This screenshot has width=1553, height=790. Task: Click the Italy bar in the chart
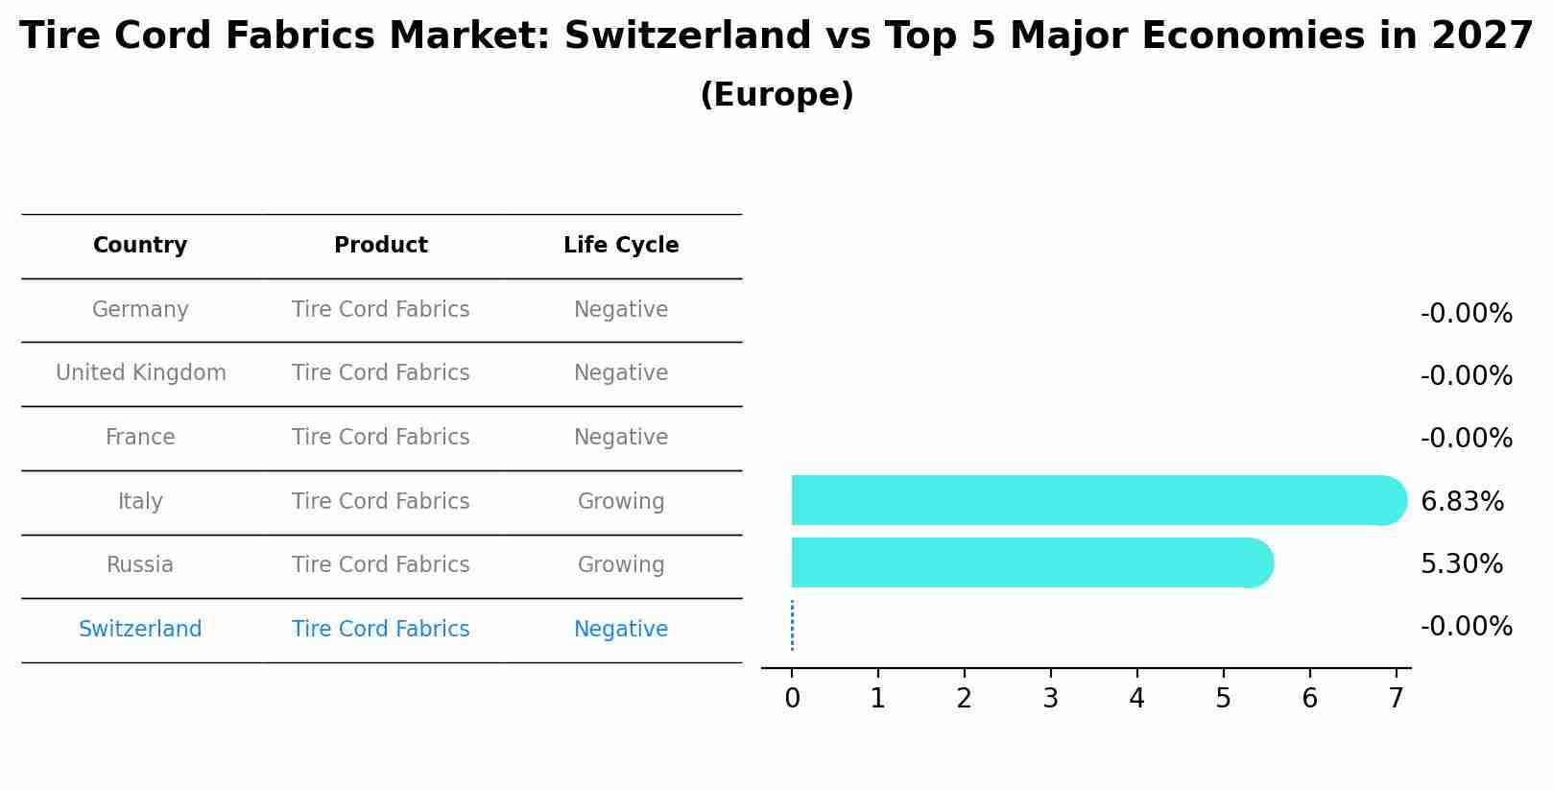[x=1094, y=500]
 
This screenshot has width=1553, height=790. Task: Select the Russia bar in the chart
[x=1027, y=563]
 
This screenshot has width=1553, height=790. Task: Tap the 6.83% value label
[x=1462, y=501]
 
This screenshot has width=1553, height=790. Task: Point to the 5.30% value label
[x=1461, y=563]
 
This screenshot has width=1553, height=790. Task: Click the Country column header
[x=140, y=246]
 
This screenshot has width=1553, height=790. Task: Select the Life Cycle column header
[x=621, y=246]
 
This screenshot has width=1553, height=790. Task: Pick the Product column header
[x=381, y=246]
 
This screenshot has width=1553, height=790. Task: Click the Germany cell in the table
[x=140, y=310]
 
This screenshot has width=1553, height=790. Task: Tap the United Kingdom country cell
[x=140, y=373]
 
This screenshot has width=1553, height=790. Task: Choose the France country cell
[x=140, y=438]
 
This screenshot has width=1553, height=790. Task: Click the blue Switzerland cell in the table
[x=140, y=630]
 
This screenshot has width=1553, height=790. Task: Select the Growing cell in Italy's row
[x=621, y=502]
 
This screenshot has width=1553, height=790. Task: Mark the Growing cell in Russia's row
[x=621, y=565]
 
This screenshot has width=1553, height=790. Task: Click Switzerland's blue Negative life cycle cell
[x=621, y=630]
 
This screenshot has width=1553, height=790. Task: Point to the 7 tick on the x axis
[x=1396, y=699]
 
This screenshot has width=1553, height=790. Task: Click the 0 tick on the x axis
[x=792, y=699]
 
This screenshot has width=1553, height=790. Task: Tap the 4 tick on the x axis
[x=1136, y=699]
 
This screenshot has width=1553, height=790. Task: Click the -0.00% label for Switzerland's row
[x=1466, y=627]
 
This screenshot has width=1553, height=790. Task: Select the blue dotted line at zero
[x=792, y=626]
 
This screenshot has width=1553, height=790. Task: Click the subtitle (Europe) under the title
[x=776, y=95]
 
